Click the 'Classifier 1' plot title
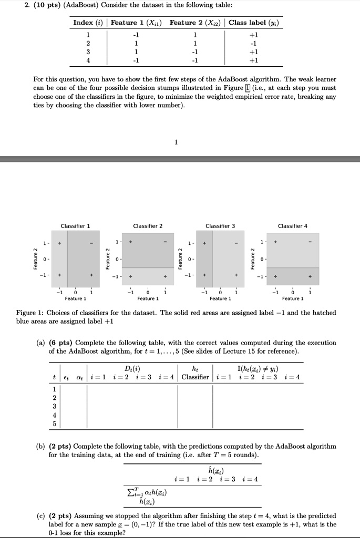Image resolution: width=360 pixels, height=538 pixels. point(75,226)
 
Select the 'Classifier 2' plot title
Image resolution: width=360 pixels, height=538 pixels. point(148,226)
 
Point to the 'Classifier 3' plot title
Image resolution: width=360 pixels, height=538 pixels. point(220,226)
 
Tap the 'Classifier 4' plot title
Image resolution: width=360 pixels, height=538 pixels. point(293,226)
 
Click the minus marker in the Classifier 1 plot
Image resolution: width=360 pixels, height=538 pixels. point(91,243)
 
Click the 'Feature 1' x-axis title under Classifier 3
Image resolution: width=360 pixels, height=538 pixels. point(220,298)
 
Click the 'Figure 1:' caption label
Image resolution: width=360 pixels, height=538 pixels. point(30,313)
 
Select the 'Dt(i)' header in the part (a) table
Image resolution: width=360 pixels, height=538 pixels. point(132,368)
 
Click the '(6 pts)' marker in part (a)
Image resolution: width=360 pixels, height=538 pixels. point(61,343)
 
